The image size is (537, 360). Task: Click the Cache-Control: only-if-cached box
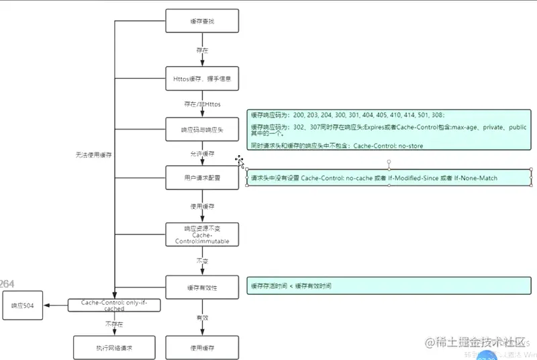pyautogui.click(x=113, y=306)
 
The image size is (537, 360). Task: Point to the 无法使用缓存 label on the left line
pyautogui.click(x=93, y=155)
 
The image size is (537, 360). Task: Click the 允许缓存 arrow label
pyautogui.click(x=202, y=154)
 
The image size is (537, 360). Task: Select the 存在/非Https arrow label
pyautogui.click(x=202, y=104)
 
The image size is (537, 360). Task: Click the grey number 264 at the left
pyautogui.click(x=7, y=284)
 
